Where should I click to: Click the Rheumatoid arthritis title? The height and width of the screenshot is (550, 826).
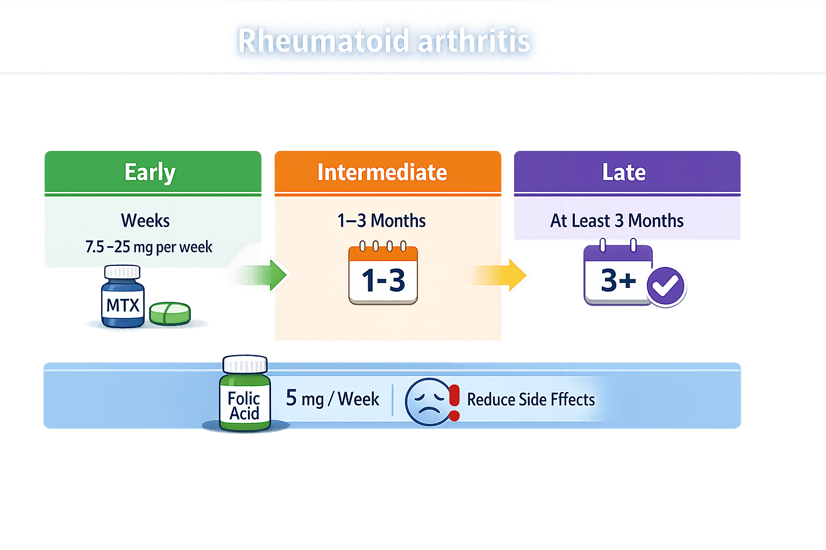tap(384, 41)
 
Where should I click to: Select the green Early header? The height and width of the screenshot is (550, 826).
tap(150, 172)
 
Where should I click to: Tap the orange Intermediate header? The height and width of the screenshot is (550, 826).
tap(382, 172)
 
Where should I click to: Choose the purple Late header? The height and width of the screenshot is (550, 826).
tap(624, 172)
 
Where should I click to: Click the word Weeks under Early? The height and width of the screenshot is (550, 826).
tap(145, 221)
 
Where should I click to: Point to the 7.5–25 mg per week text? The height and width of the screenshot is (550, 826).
tap(149, 247)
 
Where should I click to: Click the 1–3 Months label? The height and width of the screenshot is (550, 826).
tap(381, 221)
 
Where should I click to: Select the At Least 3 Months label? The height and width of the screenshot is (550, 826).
tap(617, 221)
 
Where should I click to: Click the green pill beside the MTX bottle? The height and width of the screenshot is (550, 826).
tap(170, 314)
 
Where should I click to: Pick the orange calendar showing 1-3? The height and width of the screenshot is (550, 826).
tap(383, 274)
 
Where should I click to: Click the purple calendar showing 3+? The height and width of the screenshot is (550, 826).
tap(617, 275)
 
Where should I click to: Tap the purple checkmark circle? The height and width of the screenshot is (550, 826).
tap(666, 286)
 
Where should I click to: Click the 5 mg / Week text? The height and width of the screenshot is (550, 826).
tap(332, 399)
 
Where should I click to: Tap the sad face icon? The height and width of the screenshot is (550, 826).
tap(428, 402)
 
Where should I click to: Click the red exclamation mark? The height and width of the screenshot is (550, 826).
tap(454, 402)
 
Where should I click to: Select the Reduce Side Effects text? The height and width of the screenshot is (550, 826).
tap(531, 400)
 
